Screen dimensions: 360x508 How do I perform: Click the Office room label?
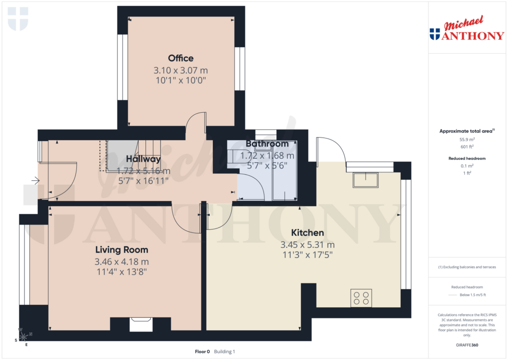[x=181, y=58]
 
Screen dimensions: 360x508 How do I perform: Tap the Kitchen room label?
[x=307, y=232]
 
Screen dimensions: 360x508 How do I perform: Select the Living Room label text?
[x=122, y=250]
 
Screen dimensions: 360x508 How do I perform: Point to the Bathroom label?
[x=267, y=144]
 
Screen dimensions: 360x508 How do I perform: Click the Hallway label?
[x=143, y=159]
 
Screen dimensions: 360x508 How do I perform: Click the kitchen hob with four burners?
[x=361, y=298]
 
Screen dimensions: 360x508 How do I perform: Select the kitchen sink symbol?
[x=365, y=180]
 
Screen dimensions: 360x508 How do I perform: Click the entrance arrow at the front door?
[x=35, y=181]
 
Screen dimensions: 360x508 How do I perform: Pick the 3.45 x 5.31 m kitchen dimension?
[x=307, y=245]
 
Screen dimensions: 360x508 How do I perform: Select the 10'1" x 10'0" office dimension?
[x=181, y=80]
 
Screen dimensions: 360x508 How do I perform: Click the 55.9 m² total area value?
[x=466, y=140]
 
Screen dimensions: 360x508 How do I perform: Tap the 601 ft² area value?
[x=466, y=146]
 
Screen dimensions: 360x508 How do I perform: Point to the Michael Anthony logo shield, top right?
[x=435, y=34]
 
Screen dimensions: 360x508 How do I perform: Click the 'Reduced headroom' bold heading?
[x=466, y=158]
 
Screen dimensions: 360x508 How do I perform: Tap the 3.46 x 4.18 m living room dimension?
[x=122, y=262]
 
